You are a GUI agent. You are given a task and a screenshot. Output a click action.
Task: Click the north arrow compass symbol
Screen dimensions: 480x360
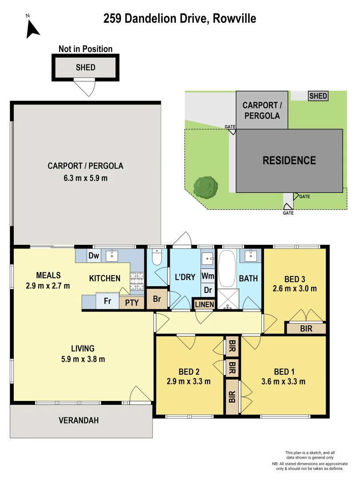pos(32,28)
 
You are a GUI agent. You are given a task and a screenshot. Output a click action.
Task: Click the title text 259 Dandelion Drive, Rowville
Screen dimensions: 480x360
pos(180,18)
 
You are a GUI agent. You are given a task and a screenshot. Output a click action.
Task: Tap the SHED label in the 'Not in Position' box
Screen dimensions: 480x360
pos(85,68)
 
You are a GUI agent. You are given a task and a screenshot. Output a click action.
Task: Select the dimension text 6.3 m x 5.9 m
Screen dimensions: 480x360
pos(85,178)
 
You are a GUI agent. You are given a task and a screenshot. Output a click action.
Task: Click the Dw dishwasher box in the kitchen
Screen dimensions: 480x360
pos(93,256)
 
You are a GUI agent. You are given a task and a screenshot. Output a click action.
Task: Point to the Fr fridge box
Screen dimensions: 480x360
pos(107,300)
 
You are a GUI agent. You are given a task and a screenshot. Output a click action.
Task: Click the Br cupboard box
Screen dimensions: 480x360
pos(157,299)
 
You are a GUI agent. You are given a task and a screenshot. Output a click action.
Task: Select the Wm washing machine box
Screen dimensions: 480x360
pos(208,276)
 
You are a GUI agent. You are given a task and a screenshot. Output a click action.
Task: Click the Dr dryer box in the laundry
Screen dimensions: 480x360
pos(208,290)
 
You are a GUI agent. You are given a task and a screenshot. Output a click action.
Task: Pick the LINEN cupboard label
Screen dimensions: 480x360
pos(204,304)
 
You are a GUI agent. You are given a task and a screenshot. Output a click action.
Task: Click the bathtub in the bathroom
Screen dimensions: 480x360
pos(228,269)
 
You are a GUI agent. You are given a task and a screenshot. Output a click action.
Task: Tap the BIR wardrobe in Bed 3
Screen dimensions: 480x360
pos(306,328)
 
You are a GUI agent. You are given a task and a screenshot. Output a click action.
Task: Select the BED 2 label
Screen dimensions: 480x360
pos(188,372)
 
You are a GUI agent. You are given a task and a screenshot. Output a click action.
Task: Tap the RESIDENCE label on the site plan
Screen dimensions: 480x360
pos(289,160)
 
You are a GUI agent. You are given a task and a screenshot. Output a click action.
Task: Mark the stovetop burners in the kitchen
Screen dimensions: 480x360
pos(136,280)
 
